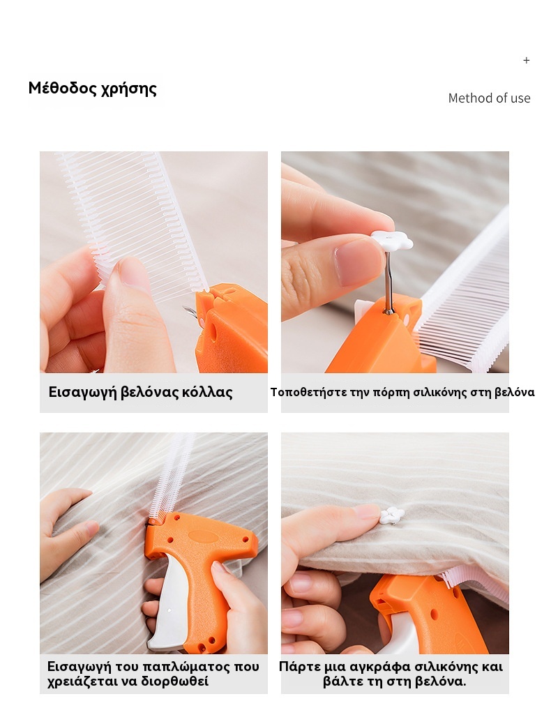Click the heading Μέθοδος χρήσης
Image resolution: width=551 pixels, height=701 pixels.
[x=93, y=89]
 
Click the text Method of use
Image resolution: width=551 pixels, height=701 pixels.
[x=489, y=98]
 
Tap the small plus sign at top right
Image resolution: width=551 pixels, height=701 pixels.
[x=527, y=61]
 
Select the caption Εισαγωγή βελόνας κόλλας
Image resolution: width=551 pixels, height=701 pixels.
[x=140, y=392]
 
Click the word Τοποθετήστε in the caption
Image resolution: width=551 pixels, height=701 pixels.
[x=308, y=392]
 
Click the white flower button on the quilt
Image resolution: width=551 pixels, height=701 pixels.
[x=392, y=516]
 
